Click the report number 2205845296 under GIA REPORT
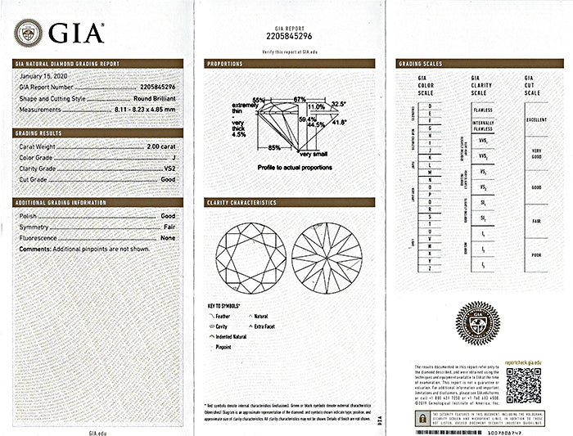pyautogui.click(x=290, y=36)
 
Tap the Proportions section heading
pyautogui.click(x=225, y=63)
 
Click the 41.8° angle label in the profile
pyautogui.click(x=338, y=122)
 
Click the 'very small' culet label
pyautogui.click(x=314, y=154)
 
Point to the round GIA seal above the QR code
pyautogui.click(x=477, y=321)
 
